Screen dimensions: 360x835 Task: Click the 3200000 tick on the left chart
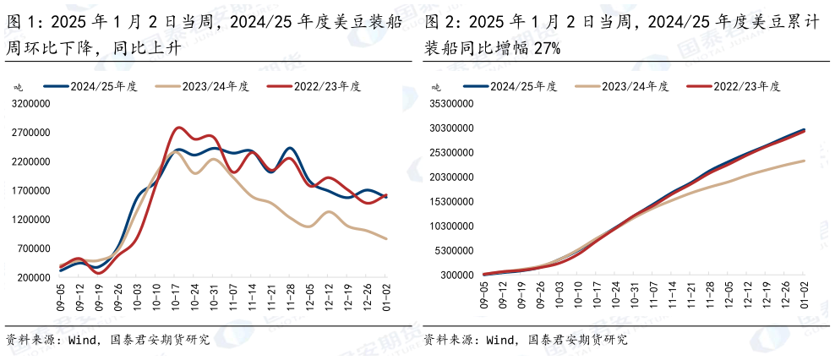click(30, 104)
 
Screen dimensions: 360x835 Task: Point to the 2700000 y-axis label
click(30, 133)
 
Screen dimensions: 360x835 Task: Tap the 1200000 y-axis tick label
click(30, 220)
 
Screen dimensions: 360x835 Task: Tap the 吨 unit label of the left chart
click(18, 87)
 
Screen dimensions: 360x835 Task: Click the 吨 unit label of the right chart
click(436, 87)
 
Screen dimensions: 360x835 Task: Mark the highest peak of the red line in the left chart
click(178, 128)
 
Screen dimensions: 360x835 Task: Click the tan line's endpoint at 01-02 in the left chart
click(386, 238)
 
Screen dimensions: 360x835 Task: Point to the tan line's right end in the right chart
click(804, 161)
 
